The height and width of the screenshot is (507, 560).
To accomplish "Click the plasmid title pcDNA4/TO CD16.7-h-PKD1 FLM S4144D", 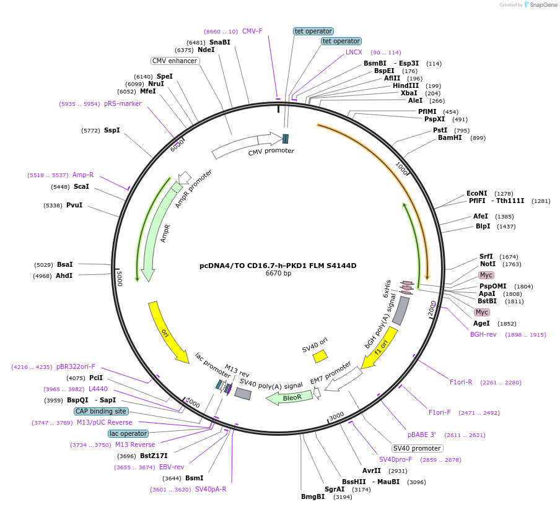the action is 278,266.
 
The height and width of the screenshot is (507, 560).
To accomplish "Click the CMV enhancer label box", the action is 175,61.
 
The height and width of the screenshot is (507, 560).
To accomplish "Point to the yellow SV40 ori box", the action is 320,356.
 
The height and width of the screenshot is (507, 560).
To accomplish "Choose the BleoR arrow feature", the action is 289,397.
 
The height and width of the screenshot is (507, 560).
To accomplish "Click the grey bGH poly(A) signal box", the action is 401,311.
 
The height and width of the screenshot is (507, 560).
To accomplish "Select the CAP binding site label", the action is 101,411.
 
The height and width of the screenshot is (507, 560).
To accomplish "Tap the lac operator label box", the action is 128,433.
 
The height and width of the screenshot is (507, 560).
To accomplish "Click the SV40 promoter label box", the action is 417,448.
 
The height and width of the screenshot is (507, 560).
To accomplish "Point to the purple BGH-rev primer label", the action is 483,334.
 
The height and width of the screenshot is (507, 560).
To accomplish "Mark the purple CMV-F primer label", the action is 252,31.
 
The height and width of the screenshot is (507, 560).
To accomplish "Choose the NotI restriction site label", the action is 488,264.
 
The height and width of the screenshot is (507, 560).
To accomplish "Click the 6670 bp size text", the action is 278,273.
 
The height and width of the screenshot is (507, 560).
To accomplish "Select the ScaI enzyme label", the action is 81,186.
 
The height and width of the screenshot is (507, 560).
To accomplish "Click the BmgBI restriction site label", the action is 313,496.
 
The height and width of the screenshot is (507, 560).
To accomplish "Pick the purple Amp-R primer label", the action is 83,175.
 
